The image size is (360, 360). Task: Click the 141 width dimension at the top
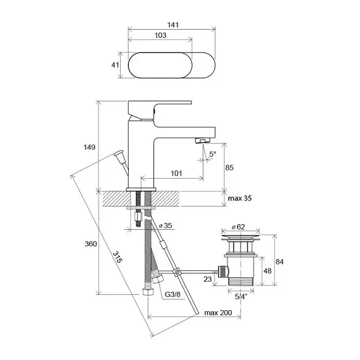pos(173,25)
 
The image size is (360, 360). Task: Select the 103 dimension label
pos(160,35)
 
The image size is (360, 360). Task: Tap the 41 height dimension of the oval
pos(115,65)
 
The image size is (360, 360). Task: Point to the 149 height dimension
pos(89,147)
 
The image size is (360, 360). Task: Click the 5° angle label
pos(213,154)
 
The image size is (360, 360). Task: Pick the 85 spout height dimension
pos(229,167)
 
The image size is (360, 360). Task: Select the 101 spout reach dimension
pos(176,173)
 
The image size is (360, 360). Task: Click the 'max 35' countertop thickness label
pos(240,198)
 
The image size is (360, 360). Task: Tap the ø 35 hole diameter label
pos(165,225)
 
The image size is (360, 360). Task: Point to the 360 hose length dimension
pos(91,244)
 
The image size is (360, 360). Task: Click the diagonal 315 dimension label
pos(117,257)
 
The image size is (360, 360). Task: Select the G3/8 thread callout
pos(172,294)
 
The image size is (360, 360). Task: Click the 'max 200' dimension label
pos(218,313)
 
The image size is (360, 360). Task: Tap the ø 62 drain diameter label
pos(238,227)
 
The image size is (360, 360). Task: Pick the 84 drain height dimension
pos(279,261)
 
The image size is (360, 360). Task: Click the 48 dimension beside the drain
pos(267,271)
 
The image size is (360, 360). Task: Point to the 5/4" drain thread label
pos(241,297)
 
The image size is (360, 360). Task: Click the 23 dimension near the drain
pos(208,279)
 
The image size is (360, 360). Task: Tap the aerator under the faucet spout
pos(203,140)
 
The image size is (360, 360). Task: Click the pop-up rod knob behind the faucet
pos(119,153)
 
